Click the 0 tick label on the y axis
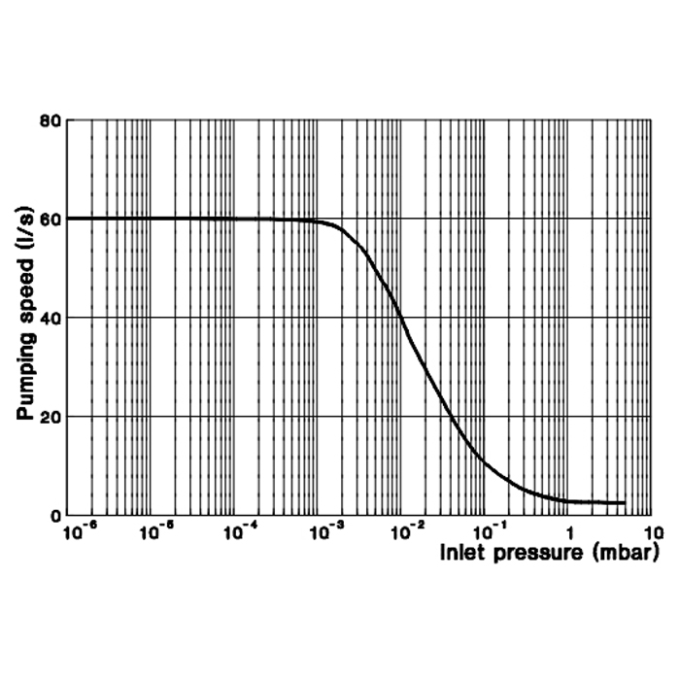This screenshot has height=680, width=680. click(56, 516)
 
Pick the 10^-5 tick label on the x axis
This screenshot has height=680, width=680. click(158, 532)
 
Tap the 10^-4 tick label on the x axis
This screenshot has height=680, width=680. click(242, 532)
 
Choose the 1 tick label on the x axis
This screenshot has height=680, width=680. click(570, 533)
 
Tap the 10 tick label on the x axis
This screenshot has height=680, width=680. click(652, 533)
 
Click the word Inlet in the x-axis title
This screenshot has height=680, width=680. click(461, 556)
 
